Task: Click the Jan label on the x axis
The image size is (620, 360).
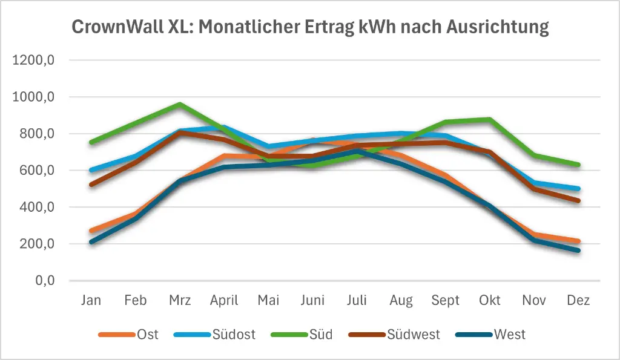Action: [91, 301]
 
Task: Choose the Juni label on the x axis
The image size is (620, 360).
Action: [312, 301]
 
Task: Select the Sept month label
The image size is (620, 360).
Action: [445, 301]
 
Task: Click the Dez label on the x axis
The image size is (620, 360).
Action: [578, 301]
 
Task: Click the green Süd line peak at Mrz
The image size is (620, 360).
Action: [179, 104]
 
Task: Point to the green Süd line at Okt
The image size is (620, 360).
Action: [489, 119]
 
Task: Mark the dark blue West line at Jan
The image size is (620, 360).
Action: [91, 242]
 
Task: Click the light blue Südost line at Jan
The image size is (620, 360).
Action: [91, 170]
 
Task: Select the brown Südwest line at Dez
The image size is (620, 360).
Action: [578, 201]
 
